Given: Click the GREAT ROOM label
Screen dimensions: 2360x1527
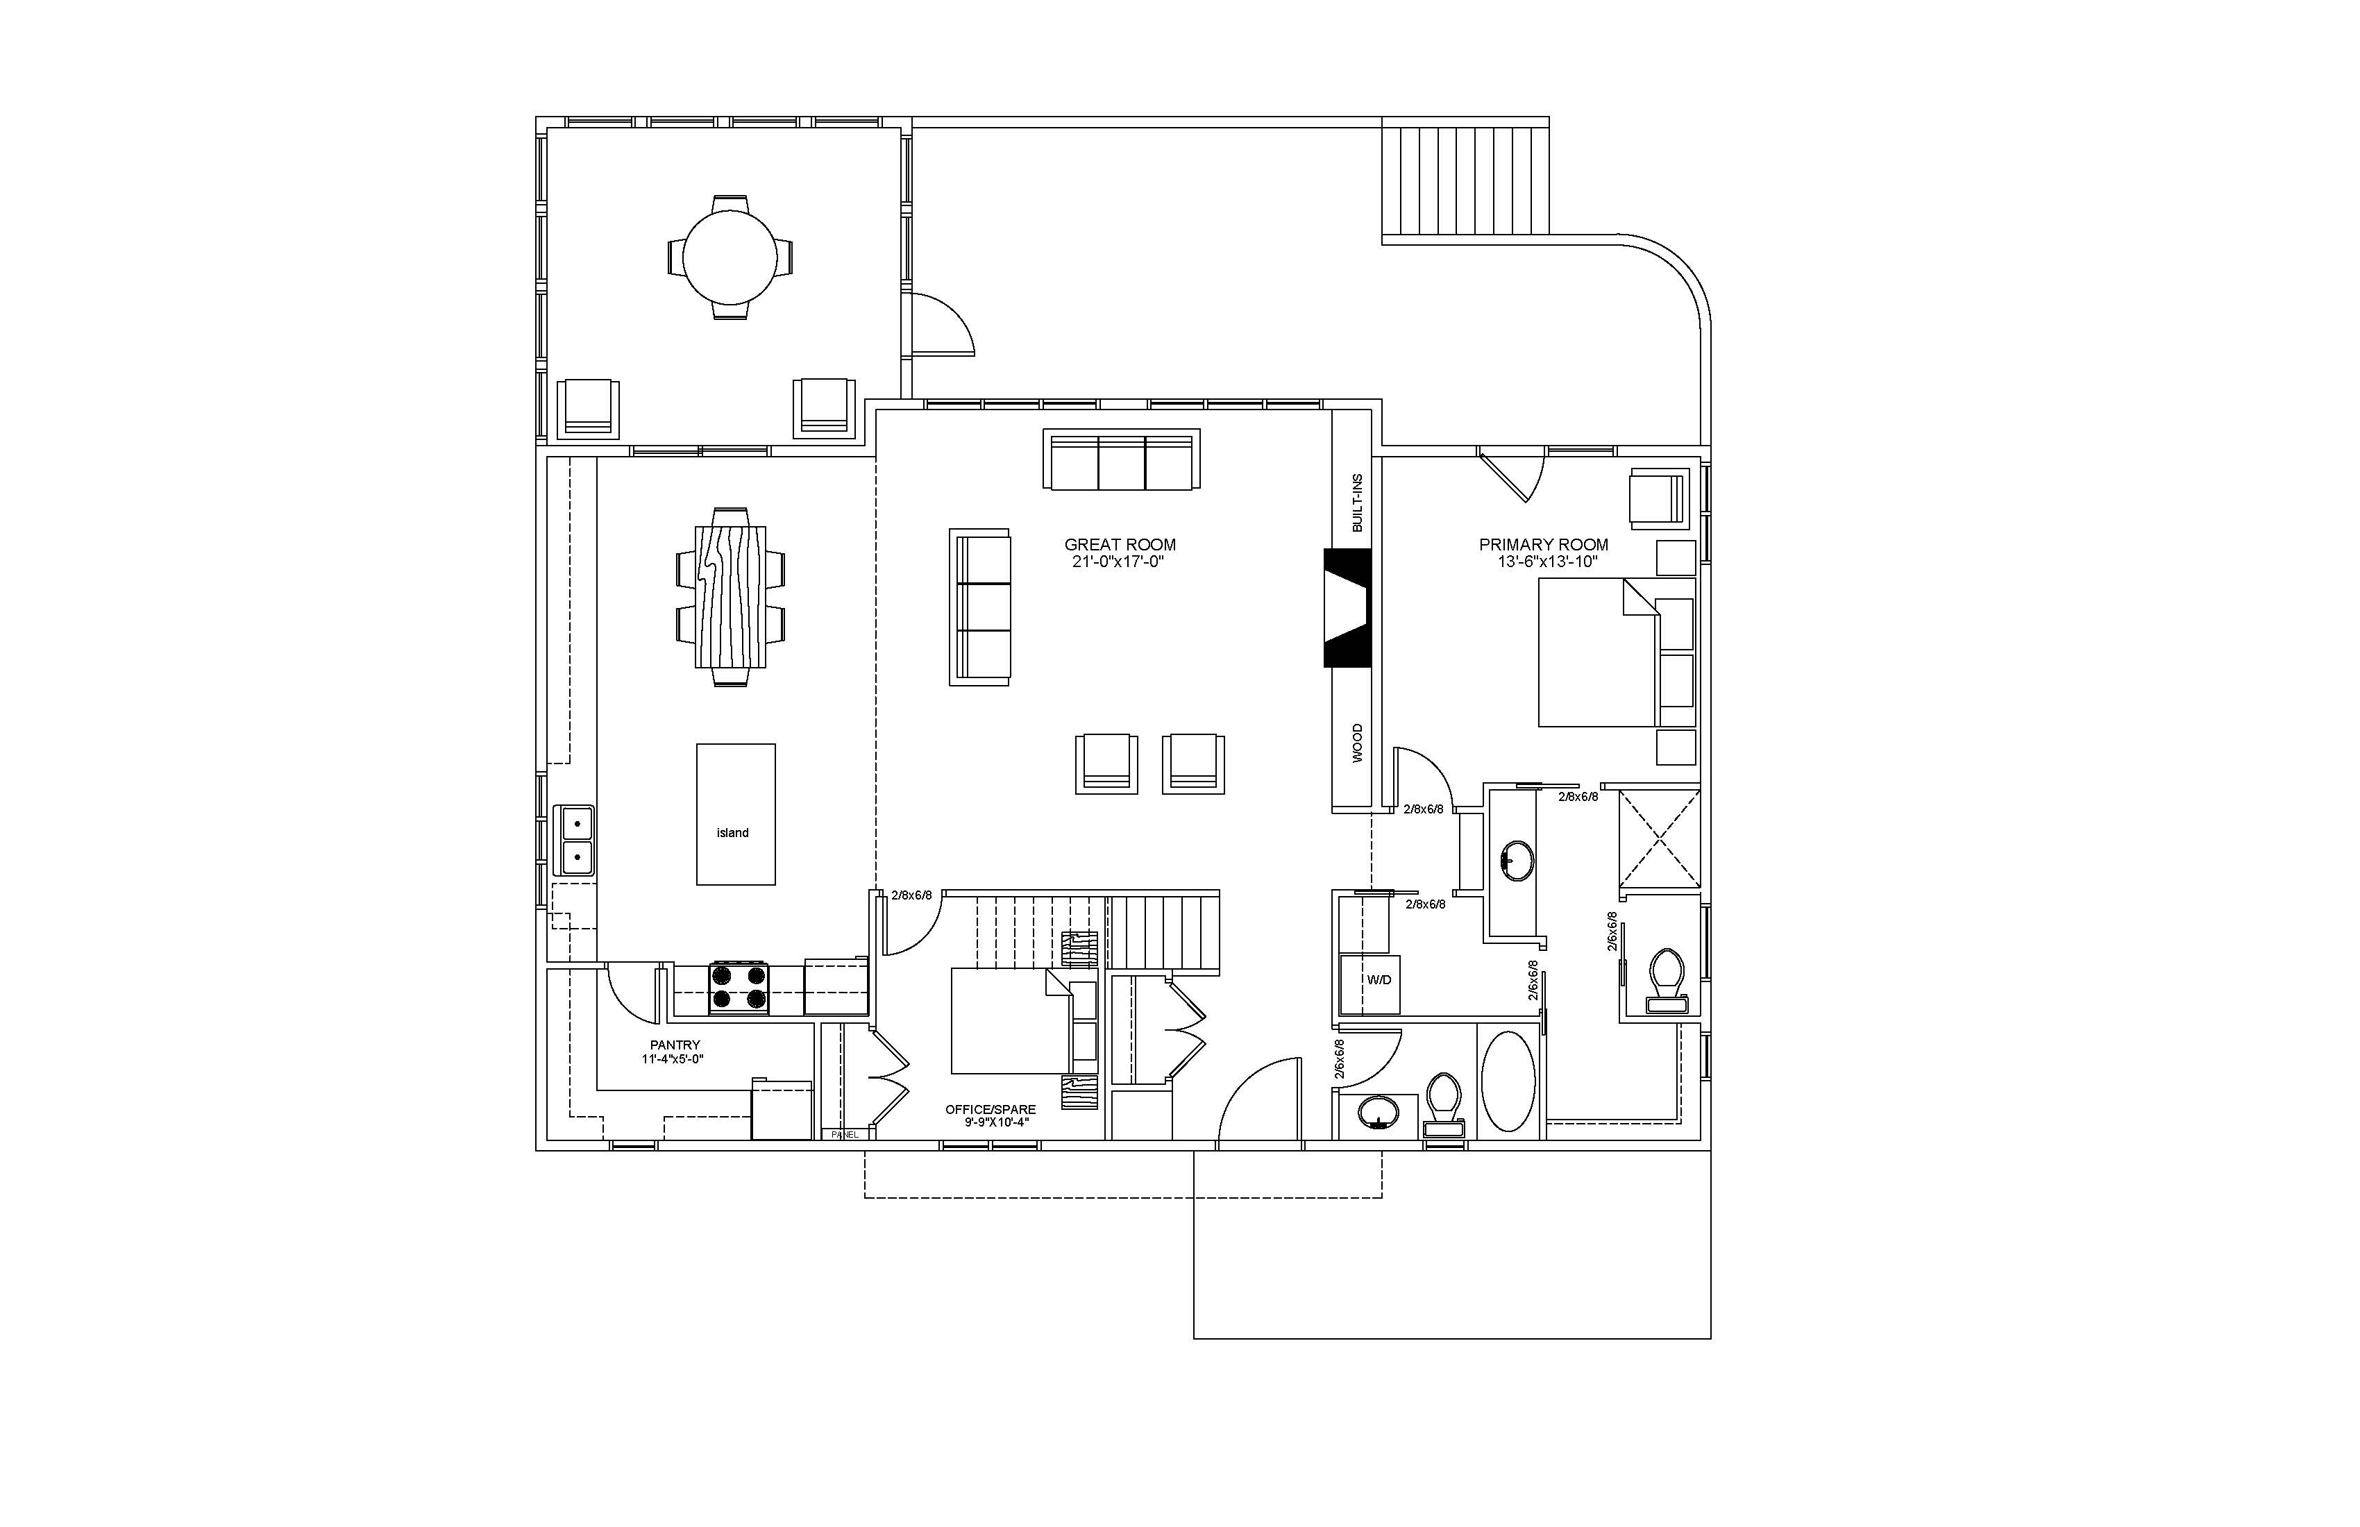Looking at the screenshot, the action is pos(1120,544).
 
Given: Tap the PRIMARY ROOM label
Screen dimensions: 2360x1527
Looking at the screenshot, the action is pos(1543,544).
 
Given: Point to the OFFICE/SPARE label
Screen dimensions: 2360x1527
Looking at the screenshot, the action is pos(990,1110).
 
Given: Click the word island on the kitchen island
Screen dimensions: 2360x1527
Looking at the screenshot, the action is pos(733,833).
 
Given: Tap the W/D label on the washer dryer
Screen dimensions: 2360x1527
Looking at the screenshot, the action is pos(1379,979).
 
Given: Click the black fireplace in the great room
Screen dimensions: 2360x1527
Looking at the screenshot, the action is pos(1347,608).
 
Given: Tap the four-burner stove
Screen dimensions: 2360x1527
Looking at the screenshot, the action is pos(739,988).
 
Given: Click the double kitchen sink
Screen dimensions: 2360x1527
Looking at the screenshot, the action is pos(574,840).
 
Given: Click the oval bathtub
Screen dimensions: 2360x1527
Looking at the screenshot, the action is pos(1508,1081).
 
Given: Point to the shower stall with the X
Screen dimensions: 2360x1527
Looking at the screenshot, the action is pos(1659,839).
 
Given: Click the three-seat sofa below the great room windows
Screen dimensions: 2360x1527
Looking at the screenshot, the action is pos(1122,459).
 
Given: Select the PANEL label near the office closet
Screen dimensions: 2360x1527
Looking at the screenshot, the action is pos(845,1134).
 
